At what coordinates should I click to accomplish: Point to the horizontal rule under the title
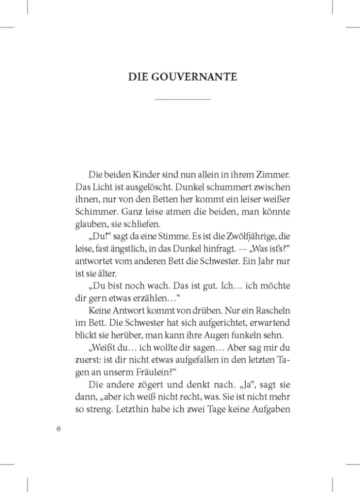(182, 100)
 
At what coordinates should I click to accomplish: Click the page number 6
(59, 428)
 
